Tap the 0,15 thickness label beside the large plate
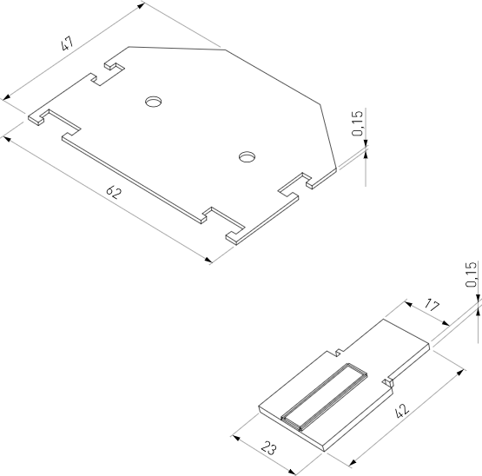coord(358,126)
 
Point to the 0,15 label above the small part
coord(470,274)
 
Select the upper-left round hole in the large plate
coord(154,102)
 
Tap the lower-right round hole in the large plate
coord(248,157)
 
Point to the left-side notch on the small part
coord(333,352)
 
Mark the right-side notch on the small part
coord(389,379)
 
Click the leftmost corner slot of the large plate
coord(42,117)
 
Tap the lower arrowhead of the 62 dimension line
coord(208,260)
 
